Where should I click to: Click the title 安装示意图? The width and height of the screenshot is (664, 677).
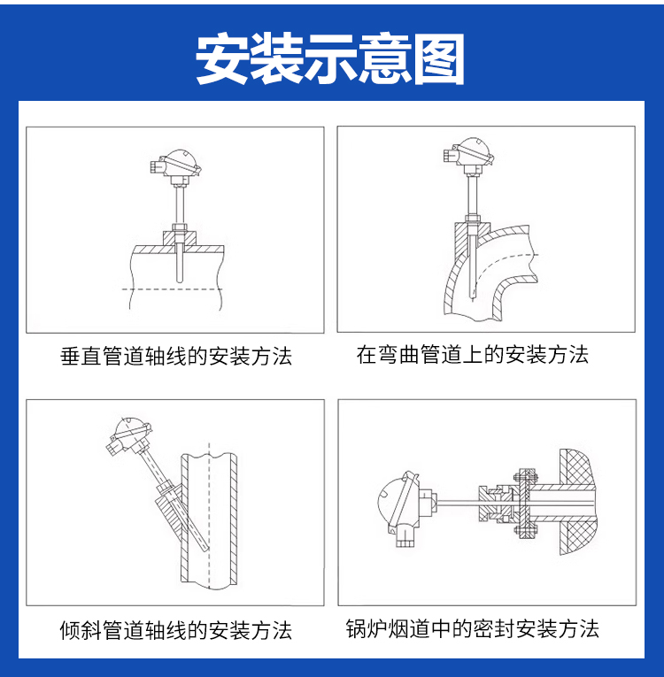(330, 58)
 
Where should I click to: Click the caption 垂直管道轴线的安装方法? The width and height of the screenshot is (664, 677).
(176, 357)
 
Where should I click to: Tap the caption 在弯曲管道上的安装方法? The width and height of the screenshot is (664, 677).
(473, 355)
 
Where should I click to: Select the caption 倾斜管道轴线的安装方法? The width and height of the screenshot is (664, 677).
(176, 630)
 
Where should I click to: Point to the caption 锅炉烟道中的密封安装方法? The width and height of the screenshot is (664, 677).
(473, 628)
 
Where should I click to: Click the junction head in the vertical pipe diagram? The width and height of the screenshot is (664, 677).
(175, 164)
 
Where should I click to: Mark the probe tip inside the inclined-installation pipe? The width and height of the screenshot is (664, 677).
(206, 549)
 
